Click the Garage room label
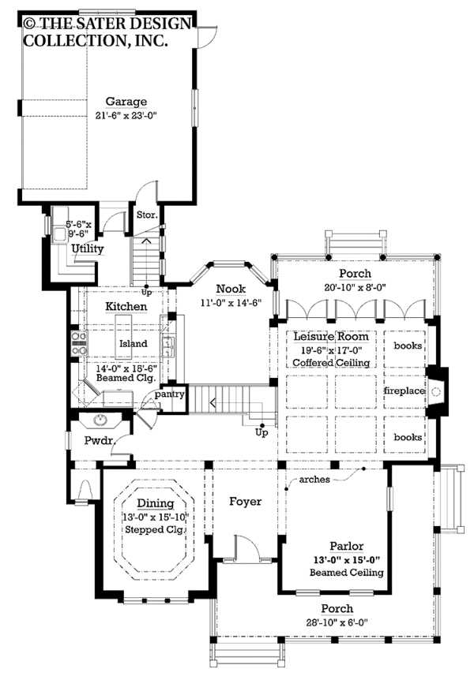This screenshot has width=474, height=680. [126, 102]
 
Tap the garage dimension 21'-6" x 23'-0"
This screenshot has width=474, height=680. [126, 115]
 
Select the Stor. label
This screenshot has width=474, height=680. [147, 215]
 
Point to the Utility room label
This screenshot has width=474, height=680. [88, 248]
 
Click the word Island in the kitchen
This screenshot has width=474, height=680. [134, 343]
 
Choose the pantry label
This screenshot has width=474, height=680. [169, 394]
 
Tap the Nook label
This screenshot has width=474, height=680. [231, 289]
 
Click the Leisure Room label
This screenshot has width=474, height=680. [331, 337]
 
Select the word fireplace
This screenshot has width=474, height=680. [404, 390]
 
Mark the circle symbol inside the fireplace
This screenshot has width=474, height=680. [437, 392]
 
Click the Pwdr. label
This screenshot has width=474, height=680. [99, 441]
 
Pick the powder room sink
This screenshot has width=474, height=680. [100, 420]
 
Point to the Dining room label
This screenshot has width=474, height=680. [156, 503]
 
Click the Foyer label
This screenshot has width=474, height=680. [246, 502]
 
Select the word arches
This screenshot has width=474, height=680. [314, 480]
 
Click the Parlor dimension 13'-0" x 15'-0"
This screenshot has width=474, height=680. [347, 560]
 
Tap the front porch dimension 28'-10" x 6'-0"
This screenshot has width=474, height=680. [337, 622]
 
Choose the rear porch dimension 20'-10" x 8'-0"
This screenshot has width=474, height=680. [355, 287]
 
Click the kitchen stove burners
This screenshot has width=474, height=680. [80, 343]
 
